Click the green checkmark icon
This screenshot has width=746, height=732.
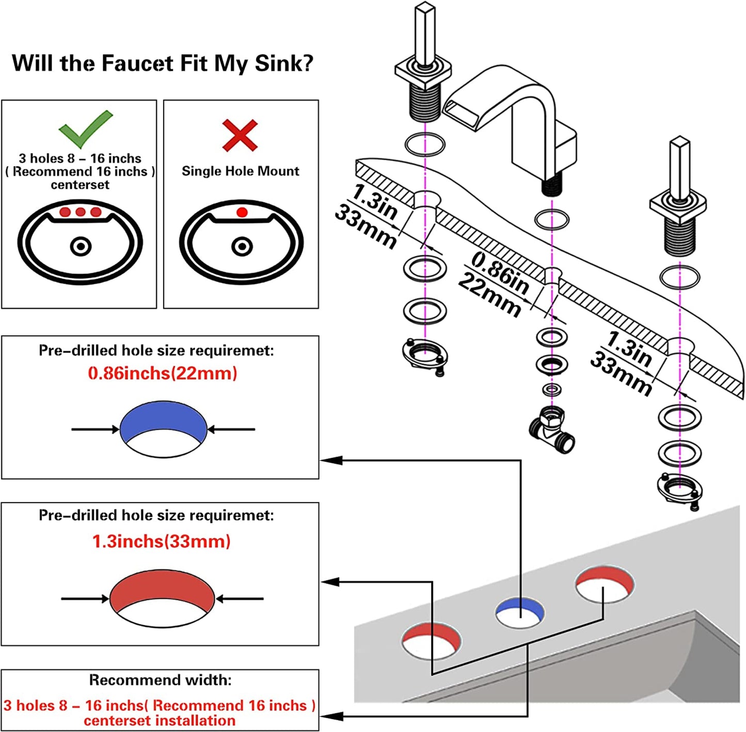click(85, 129)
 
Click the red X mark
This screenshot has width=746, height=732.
click(240, 135)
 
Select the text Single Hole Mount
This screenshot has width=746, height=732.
click(240, 171)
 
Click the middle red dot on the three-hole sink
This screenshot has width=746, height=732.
click(81, 212)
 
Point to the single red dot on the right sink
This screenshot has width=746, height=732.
click(242, 212)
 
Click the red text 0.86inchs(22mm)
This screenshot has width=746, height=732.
click(162, 373)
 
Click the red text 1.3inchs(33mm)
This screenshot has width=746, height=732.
click(161, 541)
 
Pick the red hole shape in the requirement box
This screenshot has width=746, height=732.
click(162, 589)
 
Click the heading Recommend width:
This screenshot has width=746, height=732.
click(160, 680)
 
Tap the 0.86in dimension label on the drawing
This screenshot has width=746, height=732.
click(500, 272)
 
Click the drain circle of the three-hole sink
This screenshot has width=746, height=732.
click(81, 246)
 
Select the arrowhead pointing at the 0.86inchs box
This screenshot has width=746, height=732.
click(330, 460)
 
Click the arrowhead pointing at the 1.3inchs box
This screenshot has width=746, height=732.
click(330, 582)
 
